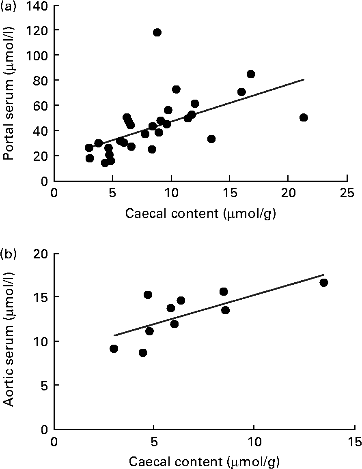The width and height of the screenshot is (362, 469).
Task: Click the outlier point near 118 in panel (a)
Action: (157, 32)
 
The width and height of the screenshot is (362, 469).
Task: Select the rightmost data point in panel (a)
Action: (304, 117)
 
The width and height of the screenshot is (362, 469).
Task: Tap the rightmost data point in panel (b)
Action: (323, 282)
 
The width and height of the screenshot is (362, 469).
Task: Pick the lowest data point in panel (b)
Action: (143, 353)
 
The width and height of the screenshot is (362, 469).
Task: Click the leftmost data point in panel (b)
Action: (114, 349)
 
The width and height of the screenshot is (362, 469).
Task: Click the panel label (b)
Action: (9, 254)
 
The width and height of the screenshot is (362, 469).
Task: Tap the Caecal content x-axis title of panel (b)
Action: (204, 461)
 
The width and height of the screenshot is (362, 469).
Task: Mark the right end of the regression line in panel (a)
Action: (304, 79)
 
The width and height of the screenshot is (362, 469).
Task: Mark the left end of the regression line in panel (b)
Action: (114, 335)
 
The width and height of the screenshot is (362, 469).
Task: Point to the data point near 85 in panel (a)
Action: (251, 74)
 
